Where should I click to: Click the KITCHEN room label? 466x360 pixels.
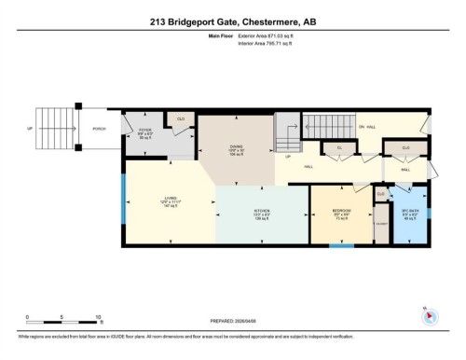[262, 213]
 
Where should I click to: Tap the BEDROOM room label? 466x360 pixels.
[341, 212]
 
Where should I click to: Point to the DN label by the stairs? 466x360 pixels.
[361, 127]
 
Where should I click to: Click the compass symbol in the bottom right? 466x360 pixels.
[430, 315]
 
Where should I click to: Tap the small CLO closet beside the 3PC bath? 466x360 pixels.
[381, 195]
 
